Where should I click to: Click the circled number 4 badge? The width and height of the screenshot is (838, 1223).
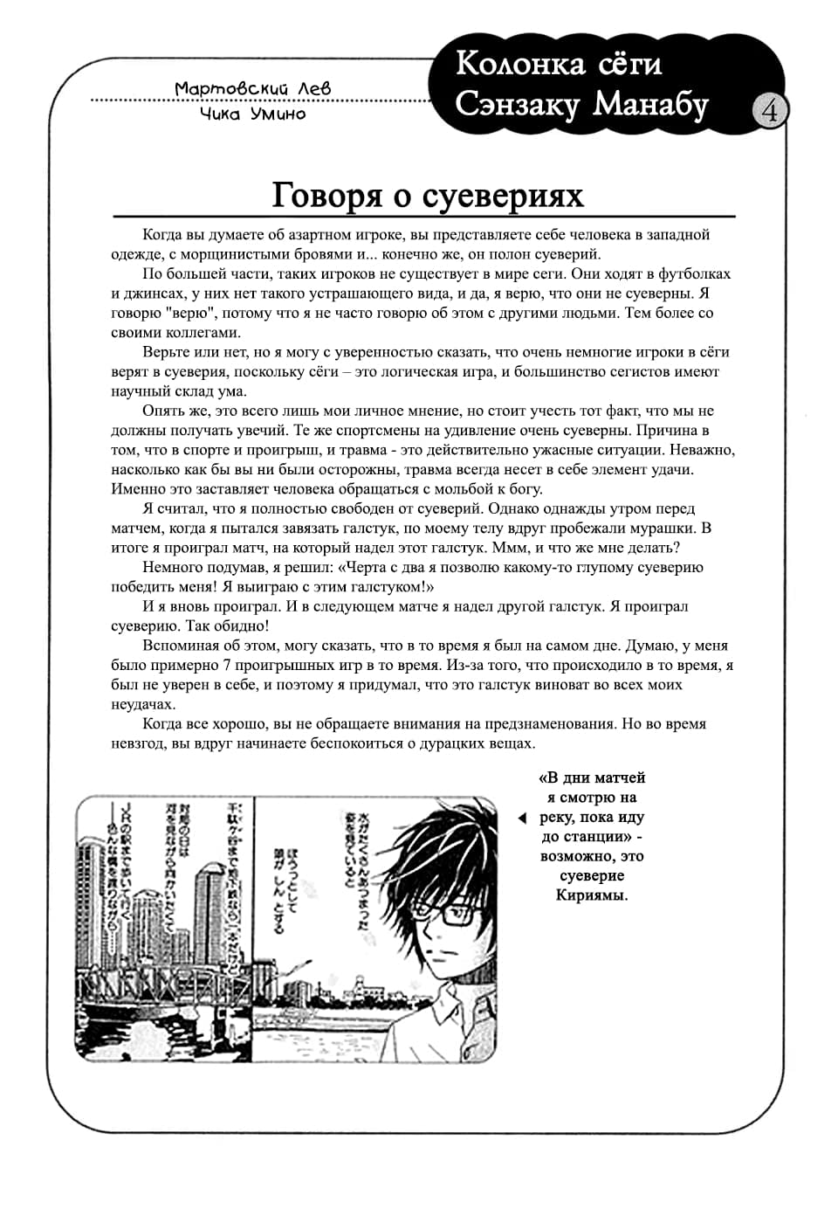tap(769, 112)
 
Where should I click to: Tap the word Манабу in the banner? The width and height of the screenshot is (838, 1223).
tap(651, 104)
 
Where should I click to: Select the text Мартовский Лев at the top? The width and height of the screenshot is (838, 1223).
tap(252, 89)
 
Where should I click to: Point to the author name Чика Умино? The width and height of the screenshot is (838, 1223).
tap(252, 114)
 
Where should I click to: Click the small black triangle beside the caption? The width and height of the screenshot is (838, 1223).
tap(522, 818)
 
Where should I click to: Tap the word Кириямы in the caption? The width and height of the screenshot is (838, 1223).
tap(591, 895)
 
